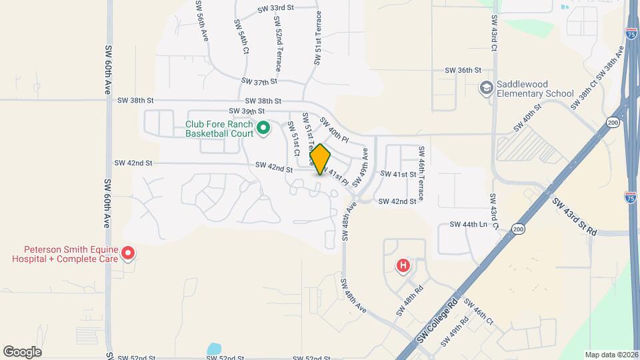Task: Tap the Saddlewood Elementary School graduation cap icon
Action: pyautogui.click(x=487, y=88)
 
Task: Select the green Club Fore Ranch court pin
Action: pyautogui.click(x=263, y=127)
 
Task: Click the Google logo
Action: pyautogui.click(x=22, y=351)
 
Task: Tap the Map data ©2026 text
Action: pyautogui.click(x=611, y=355)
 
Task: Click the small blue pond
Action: pyautogui.click(x=213, y=349)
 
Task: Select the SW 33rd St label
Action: pyautogui.click(x=276, y=9)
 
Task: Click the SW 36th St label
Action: pyautogui.click(x=463, y=70)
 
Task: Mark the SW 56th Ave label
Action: pyautogui.click(x=202, y=21)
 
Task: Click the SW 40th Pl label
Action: pyautogui.click(x=334, y=131)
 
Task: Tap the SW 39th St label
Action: pyautogui.click(x=247, y=111)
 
